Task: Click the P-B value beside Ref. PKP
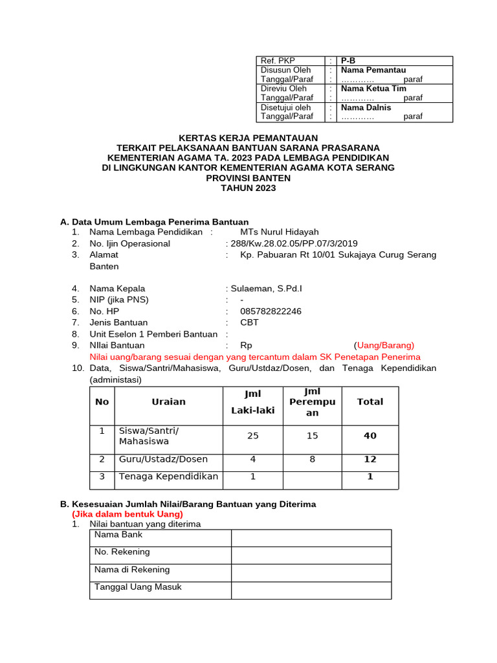tap(348, 61)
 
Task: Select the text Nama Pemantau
tap(373, 70)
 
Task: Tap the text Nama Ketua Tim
tap(373, 89)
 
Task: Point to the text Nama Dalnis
tap(366, 107)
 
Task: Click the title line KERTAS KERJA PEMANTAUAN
tap(248, 138)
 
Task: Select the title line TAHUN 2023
tap(248, 188)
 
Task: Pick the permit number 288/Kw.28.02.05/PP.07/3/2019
tap(291, 243)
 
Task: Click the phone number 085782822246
tap(271, 311)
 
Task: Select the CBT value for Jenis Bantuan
tap(249, 322)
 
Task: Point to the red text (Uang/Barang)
tap(384, 345)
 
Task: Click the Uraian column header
tap(168, 401)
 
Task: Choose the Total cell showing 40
tap(370, 436)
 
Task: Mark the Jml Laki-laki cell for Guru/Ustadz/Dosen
tap(252, 459)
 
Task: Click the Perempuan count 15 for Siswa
tap(312, 436)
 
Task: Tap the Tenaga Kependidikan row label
tap(168, 477)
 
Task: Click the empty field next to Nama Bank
tap(311, 538)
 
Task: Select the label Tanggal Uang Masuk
tap(138, 587)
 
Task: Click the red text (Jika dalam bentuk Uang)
tap(127, 514)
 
